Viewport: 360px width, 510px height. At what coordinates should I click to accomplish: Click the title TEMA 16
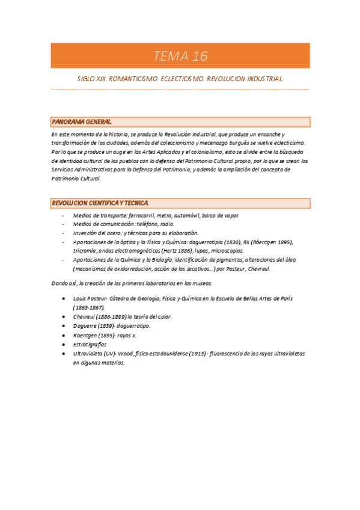pos(180,57)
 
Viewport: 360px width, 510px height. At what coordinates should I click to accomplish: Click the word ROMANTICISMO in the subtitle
pos(133,79)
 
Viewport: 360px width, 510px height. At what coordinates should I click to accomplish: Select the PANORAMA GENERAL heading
pos(82,122)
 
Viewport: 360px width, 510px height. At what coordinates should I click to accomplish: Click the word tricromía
pos(85,251)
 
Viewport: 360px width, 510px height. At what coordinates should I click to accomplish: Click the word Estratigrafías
pos(90,345)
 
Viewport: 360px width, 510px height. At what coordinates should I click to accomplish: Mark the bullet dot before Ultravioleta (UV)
pos(64,354)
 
